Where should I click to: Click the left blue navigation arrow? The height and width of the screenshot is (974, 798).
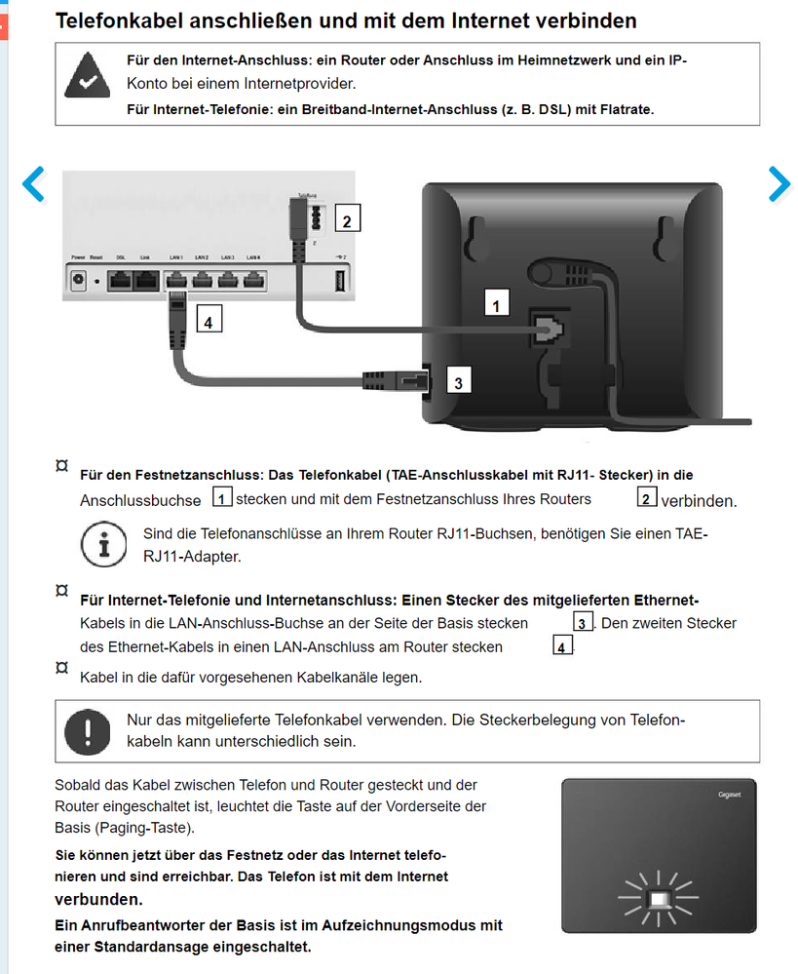pyautogui.click(x=34, y=183)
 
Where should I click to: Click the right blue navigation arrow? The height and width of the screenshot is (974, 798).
pyautogui.click(x=779, y=183)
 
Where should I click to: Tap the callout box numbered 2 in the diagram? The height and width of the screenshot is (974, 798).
pyautogui.click(x=346, y=220)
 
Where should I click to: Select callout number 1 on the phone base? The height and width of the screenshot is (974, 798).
pyautogui.click(x=497, y=306)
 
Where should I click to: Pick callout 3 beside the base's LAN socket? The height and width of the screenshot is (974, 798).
pyautogui.click(x=458, y=382)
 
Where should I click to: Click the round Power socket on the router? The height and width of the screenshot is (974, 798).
pyautogui.click(x=79, y=281)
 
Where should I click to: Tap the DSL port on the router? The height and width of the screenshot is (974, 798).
pyautogui.click(x=120, y=282)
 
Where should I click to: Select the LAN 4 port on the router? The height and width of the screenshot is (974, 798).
pyautogui.click(x=253, y=282)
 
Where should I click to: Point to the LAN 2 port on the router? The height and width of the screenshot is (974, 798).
pyautogui.click(x=202, y=282)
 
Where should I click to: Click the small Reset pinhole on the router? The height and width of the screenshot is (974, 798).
pyautogui.click(x=97, y=282)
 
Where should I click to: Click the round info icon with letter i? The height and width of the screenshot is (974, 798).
pyautogui.click(x=104, y=544)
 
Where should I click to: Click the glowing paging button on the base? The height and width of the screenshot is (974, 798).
pyautogui.click(x=660, y=898)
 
